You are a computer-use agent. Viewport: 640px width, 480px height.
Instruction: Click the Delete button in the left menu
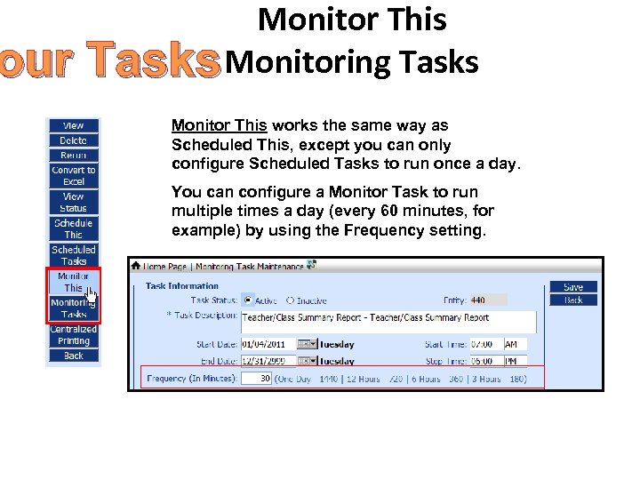point(73,140)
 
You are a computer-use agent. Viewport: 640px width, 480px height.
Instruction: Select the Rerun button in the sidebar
point(73,155)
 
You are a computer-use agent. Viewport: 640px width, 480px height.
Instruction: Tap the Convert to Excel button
point(73,175)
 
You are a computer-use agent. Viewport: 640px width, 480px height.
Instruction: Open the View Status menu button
point(73,202)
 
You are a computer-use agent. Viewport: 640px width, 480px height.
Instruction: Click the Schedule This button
point(73,228)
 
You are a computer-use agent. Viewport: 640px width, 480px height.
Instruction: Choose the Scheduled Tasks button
point(73,255)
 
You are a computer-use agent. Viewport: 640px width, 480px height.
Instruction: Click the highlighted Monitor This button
point(73,282)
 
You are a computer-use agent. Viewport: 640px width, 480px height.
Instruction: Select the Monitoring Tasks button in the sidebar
point(73,308)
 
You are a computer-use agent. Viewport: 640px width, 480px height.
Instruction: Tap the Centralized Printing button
point(73,335)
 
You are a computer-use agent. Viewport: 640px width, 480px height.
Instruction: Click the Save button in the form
point(573,287)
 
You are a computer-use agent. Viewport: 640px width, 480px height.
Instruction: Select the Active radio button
point(247,300)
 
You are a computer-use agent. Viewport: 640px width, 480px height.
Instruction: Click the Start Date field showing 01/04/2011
point(268,345)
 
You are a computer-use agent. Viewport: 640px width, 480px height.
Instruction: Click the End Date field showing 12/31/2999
point(268,362)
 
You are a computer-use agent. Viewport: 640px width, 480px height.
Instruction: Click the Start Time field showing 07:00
point(486,345)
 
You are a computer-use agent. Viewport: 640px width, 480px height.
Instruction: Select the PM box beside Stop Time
point(515,362)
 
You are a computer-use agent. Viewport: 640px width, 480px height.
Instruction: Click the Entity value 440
point(488,300)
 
